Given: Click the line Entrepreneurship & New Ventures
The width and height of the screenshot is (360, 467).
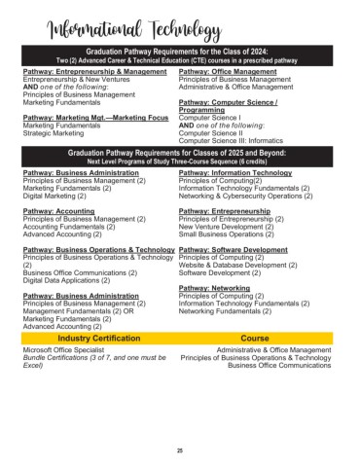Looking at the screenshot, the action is pos(73,79).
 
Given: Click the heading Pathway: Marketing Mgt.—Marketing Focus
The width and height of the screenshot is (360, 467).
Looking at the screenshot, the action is pos(93,117).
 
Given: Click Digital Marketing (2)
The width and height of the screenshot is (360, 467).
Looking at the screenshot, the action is pos(58,196).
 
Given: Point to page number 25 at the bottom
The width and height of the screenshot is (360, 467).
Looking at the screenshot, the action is pos(179,449).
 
